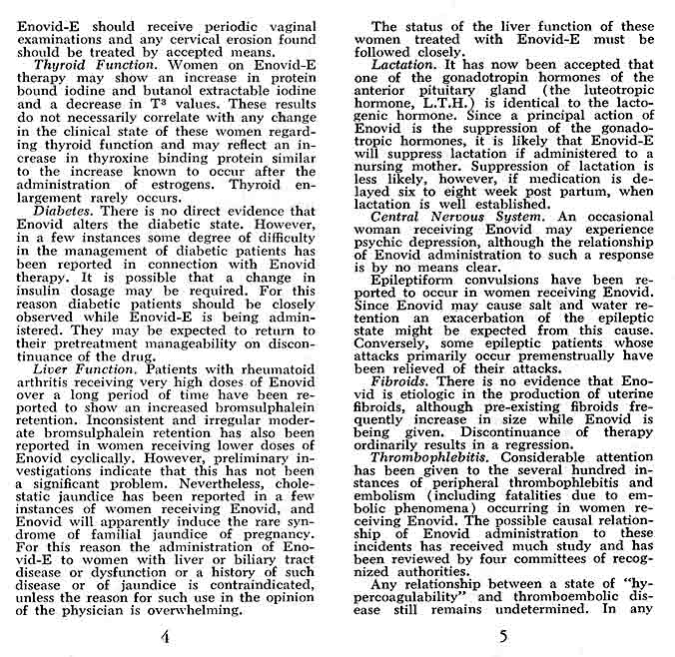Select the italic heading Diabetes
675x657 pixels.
point(64,212)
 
